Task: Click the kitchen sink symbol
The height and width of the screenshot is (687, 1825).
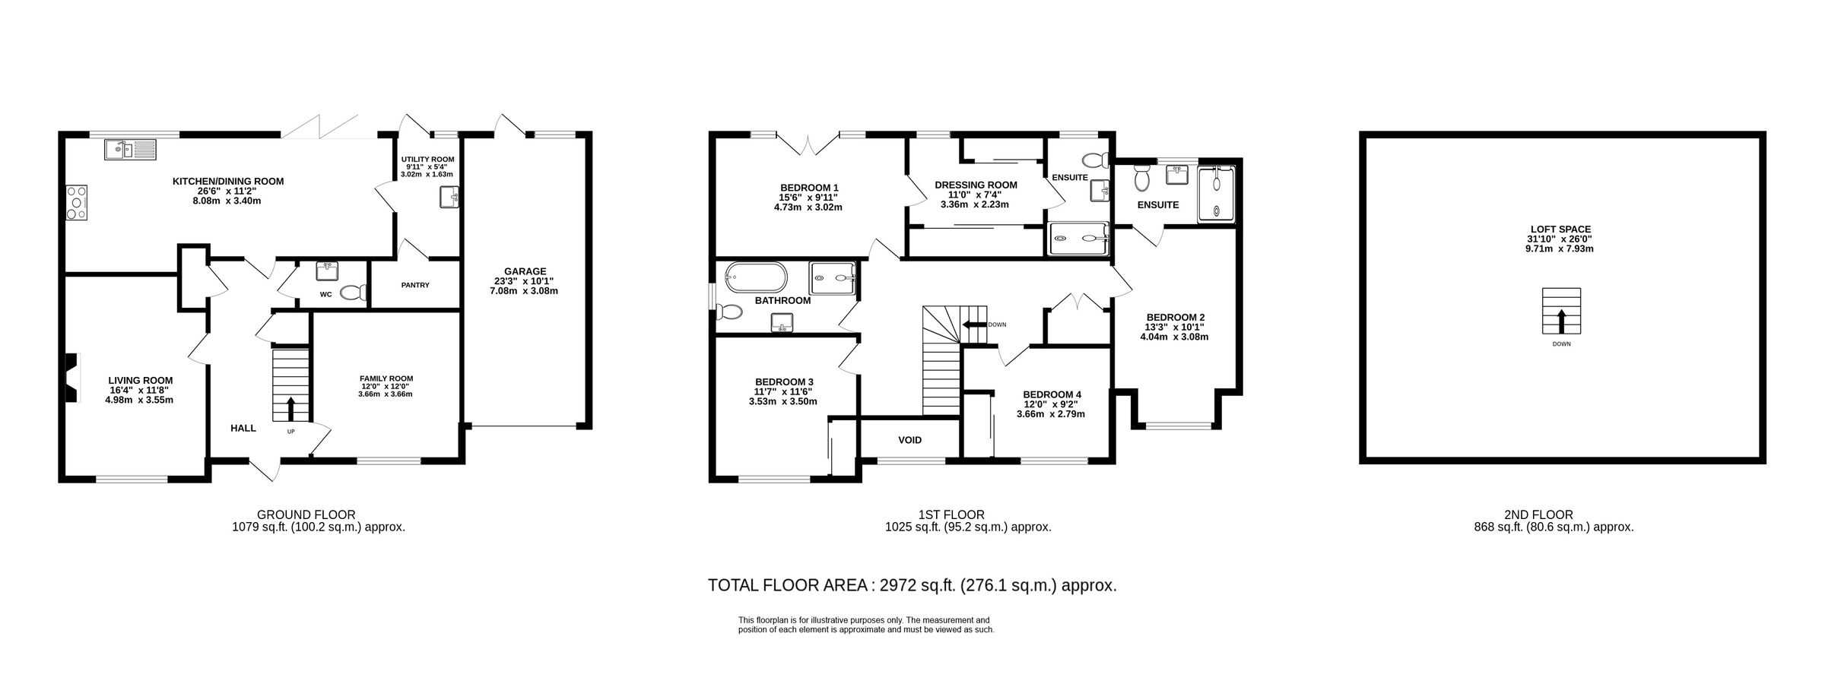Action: pyautogui.click(x=129, y=150)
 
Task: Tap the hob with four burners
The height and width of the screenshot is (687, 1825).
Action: pyautogui.click(x=77, y=203)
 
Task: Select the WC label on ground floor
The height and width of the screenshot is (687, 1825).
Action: pyautogui.click(x=325, y=294)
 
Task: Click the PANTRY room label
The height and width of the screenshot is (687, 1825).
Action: pyautogui.click(x=415, y=285)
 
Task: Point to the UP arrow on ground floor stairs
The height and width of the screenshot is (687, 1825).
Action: pyautogui.click(x=290, y=408)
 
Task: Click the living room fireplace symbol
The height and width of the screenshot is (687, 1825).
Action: pyautogui.click(x=71, y=378)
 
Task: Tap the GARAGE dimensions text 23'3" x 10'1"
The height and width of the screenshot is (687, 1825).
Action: pyautogui.click(x=525, y=280)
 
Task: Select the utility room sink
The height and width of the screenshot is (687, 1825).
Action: pyautogui.click(x=449, y=198)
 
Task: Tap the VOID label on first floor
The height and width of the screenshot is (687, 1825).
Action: pyautogui.click(x=909, y=440)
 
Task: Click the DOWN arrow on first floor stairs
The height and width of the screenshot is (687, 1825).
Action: pyautogui.click(x=973, y=325)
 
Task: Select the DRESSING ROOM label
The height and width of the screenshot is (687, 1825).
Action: pyautogui.click(x=976, y=185)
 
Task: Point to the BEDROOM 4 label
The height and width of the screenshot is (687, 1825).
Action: pyautogui.click(x=1052, y=394)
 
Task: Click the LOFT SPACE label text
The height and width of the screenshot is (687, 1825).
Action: pyautogui.click(x=1561, y=229)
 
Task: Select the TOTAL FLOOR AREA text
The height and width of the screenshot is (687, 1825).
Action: pyautogui.click(x=912, y=585)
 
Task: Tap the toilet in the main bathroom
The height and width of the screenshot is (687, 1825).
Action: pyautogui.click(x=728, y=312)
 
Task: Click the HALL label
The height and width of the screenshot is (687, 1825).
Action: pyautogui.click(x=243, y=428)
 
